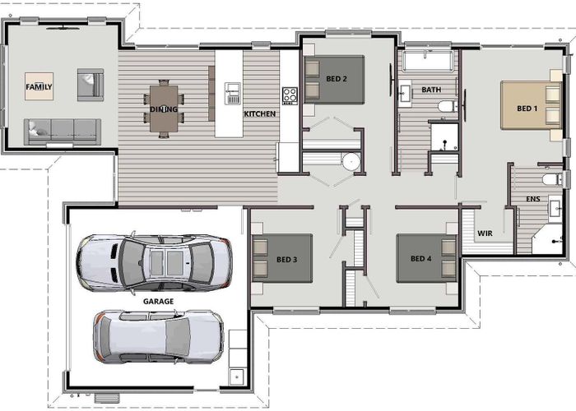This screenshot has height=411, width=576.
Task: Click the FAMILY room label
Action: tap(39, 86)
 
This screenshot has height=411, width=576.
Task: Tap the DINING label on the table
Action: tap(163, 109)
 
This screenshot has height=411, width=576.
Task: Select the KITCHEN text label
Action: tap(260, 113)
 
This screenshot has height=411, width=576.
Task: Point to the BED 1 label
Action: tap(527, 109)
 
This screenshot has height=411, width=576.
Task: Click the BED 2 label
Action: tap(336, 79)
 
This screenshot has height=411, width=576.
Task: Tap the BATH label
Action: tap(431, 89)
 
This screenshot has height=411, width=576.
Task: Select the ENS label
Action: tap(532, 199)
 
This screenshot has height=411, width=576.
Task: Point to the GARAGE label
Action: tap(158, 302)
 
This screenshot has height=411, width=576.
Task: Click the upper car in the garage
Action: tap(154, 261)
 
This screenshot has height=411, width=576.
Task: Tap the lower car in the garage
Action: tap(157, 335)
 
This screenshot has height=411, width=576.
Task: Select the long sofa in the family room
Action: tap(62, 130)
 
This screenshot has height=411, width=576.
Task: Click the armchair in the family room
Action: tap(90, 84)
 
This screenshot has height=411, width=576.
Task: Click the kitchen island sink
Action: tap(233, 93)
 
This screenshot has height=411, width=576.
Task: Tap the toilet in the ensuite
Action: tap(550, 178)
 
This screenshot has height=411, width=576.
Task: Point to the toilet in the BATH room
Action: tap(444, 106)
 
